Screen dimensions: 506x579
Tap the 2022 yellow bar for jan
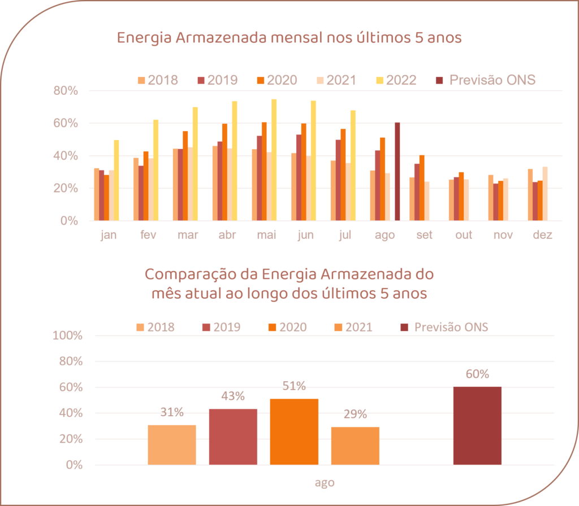pyautogui.click(x=116, y=180)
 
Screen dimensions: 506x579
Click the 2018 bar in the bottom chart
pyautogui.click(x=172, y=444)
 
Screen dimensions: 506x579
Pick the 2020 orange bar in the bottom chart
pyautogui.click(x=294, y=431)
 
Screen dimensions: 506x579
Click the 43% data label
pyautogui.click(x=233, y=396)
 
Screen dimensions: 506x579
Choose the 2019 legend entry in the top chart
pyautogui.click(x=217, y=80)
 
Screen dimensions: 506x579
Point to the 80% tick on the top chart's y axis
pyautogui.click(x=67, y=91)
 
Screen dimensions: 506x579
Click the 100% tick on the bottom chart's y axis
pyautogui.click(x=67, y=335)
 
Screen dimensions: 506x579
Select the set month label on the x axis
pyautogui.click(x=424, y=235)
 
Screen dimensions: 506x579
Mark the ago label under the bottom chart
pyautogui.click(x=325, y=483)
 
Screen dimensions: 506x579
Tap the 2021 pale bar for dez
pyautogui.click(x=545, y=194)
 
